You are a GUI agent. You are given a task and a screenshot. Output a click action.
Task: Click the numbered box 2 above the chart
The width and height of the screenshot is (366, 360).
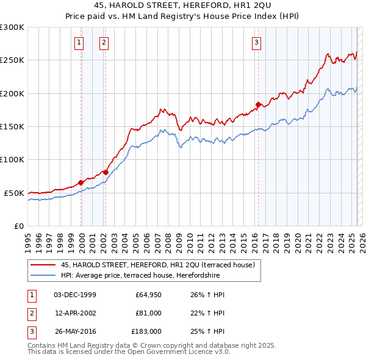104,42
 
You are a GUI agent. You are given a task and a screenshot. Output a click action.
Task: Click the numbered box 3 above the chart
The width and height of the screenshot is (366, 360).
256,42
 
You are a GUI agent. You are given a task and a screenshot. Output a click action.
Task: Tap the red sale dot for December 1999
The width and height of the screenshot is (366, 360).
81,182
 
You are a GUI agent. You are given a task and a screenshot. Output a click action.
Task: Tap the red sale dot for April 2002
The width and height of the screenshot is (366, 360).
106,172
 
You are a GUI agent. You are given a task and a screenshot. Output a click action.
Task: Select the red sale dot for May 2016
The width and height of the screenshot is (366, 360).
258,104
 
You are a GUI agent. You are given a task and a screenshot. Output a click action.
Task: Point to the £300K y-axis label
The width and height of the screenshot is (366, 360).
12,27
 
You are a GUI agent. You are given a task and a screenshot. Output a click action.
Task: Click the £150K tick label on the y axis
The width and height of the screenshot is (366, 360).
12,126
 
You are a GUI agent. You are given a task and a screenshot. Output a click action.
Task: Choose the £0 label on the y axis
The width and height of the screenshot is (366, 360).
18,226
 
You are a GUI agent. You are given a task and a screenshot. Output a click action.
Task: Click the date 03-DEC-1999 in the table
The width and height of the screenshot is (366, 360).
75,295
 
